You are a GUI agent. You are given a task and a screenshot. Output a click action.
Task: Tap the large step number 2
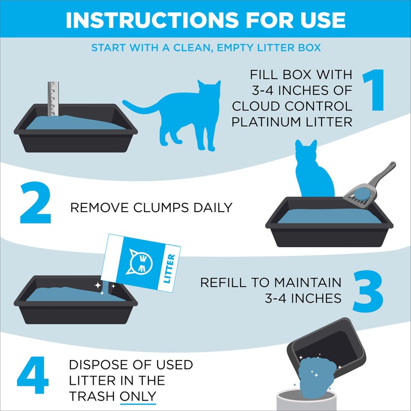pos(35,206)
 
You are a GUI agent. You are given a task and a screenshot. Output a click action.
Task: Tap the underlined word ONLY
pos(137,396)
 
